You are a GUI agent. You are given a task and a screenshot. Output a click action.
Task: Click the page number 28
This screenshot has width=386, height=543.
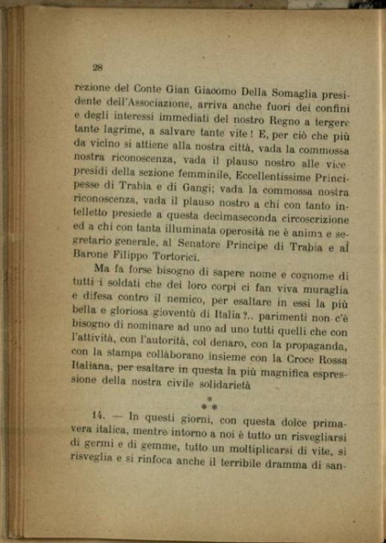(x=96, y=67)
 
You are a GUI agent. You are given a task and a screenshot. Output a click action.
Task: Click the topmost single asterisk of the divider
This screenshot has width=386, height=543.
(x=209, y=399)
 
